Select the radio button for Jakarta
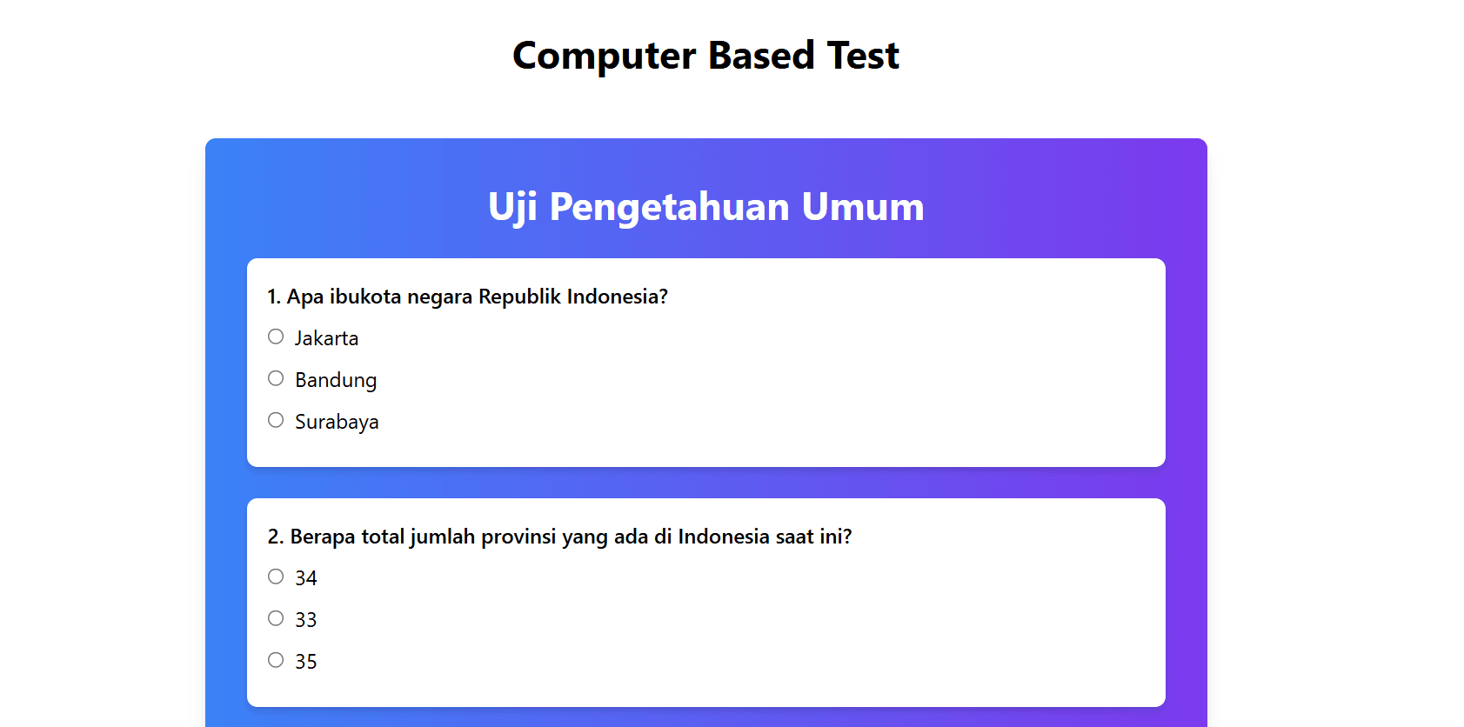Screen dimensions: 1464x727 (x=276, y=337)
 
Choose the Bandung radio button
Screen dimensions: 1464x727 (x=276, y=378)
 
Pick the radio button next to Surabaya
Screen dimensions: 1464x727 (x=276, y=420)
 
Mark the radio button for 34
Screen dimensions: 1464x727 (x=276, y=576)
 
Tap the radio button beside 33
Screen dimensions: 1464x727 (x=276, y=618)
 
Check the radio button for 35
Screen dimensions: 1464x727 (x=276, y=660)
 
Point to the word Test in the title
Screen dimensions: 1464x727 (x=863, y=55)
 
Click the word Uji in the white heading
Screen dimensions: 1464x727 (x=512, y=208)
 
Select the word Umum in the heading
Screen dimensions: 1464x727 (x=863, y=208)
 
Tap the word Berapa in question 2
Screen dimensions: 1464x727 (x=321, y=537)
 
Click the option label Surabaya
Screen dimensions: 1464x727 (x=337, y=422)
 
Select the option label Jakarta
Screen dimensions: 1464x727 (x=326, y=338)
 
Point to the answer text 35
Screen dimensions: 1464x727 (x=306, y=662)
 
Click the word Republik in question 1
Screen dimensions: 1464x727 (x=519, y=297)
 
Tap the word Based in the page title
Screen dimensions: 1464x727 (x=761, y=55)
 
